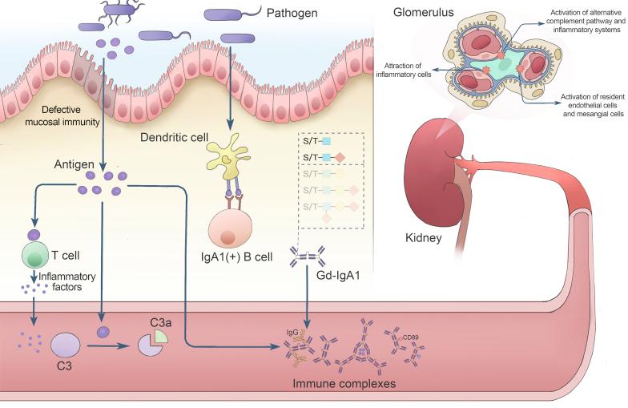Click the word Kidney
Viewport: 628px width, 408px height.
tap(424, 238)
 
